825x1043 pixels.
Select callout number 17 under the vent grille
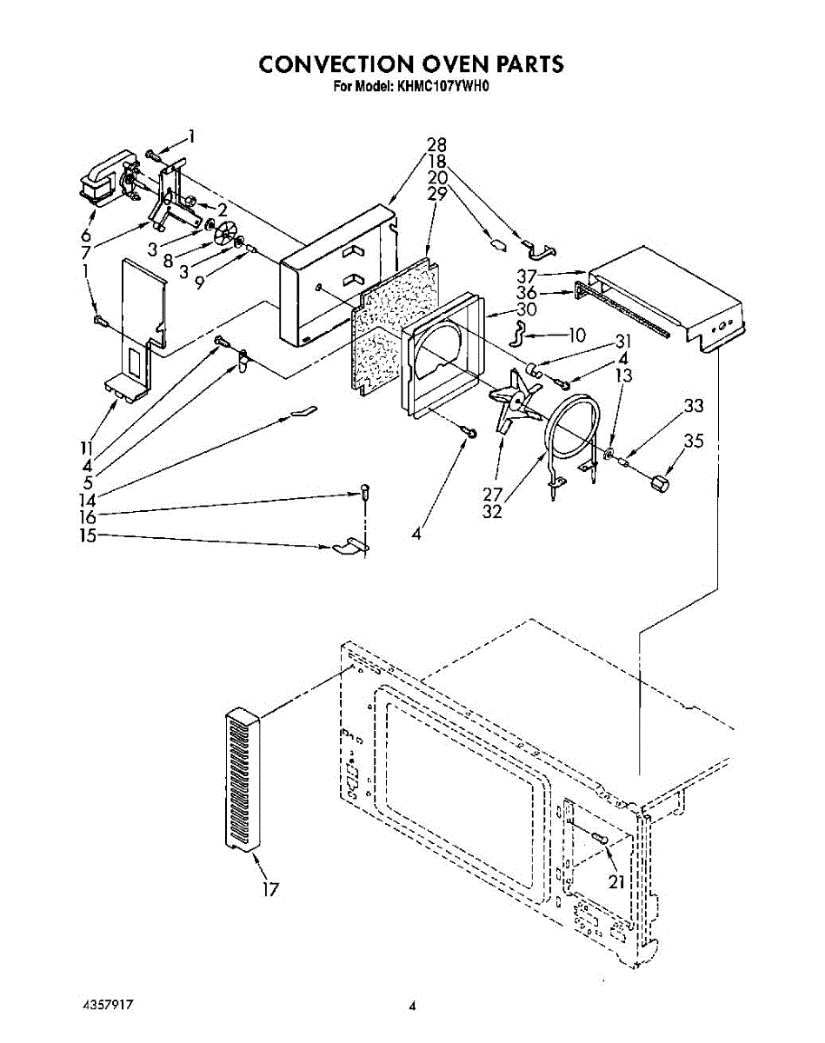click(x=270, y=889)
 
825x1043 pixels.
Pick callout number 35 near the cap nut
click(x=693, y=441)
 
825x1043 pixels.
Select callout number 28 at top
click(x=436, y=145)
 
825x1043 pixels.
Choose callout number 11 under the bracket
click(x=86, y=448)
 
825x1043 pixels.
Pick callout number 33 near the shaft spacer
click(x=693, y=405)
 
